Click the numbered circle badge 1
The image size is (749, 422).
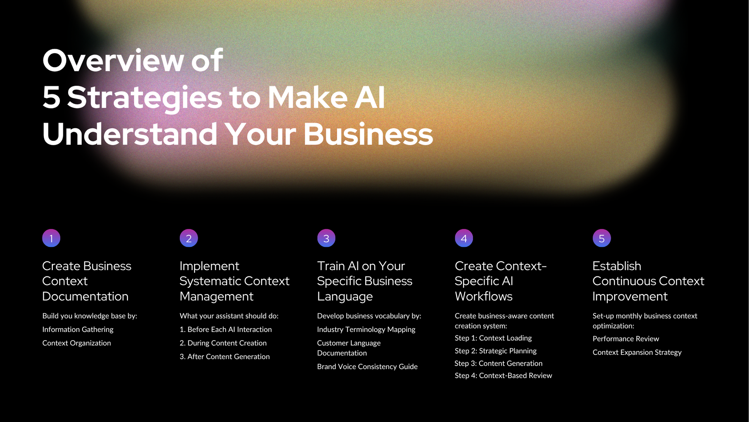point(51,238)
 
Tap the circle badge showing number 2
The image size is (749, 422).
point(189,238)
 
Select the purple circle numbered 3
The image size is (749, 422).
point(326,238)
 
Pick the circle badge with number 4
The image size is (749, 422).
point(464,238)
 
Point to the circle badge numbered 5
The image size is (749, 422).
point(602,238)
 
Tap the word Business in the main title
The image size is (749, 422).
point(368,134)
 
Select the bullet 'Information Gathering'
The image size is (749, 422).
point(78,329)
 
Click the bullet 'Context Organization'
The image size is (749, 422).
point(76,343)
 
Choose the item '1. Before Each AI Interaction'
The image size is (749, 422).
point(226,329)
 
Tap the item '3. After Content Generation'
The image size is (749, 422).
point(225,356)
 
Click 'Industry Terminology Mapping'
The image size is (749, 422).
point(366,329)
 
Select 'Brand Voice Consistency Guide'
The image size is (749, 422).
point(367,366)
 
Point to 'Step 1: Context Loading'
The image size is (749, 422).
point(493,338)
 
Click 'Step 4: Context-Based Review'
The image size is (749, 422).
point(503,375)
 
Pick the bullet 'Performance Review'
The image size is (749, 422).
point(626,339)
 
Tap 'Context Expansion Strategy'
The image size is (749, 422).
point(637,352)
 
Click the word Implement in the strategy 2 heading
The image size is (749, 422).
point(209,266)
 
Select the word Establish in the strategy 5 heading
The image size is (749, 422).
point(617,266)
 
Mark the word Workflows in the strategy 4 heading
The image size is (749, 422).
point(483,296)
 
